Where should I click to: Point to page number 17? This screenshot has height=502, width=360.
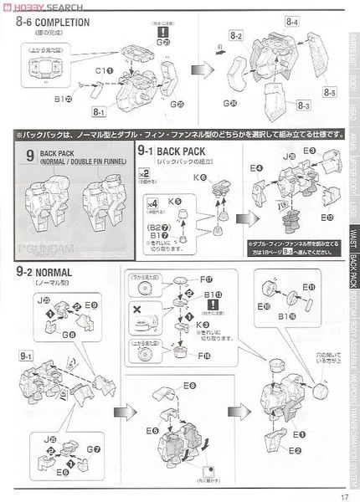click(x=343, y=494)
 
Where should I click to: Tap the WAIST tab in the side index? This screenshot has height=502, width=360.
click(x=353, y=236)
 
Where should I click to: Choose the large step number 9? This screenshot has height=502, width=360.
click(x=30, y=156)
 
